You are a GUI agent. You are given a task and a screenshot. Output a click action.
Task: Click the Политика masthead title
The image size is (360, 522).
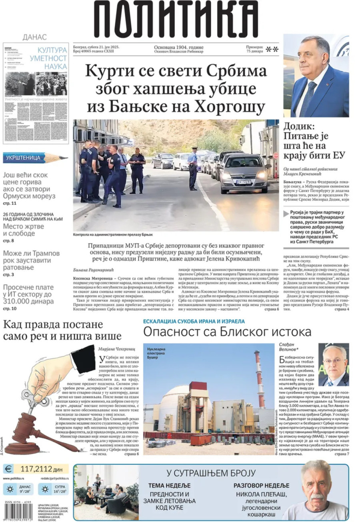pyautogui.click(x=176, y=18)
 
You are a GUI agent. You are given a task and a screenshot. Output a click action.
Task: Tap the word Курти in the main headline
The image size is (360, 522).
pyautogui.click(x=109, y=72)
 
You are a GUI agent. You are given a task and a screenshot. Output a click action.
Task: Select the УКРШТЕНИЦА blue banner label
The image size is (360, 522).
pyautogui.click(x=24, y=158)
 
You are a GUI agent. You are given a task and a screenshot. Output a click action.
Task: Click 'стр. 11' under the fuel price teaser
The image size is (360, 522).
pyautogui.click(x=9, y=204)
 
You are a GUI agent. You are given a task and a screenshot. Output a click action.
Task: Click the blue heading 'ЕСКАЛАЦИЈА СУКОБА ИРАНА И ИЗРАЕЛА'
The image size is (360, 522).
pyautogui.click(x=194, y=321)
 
